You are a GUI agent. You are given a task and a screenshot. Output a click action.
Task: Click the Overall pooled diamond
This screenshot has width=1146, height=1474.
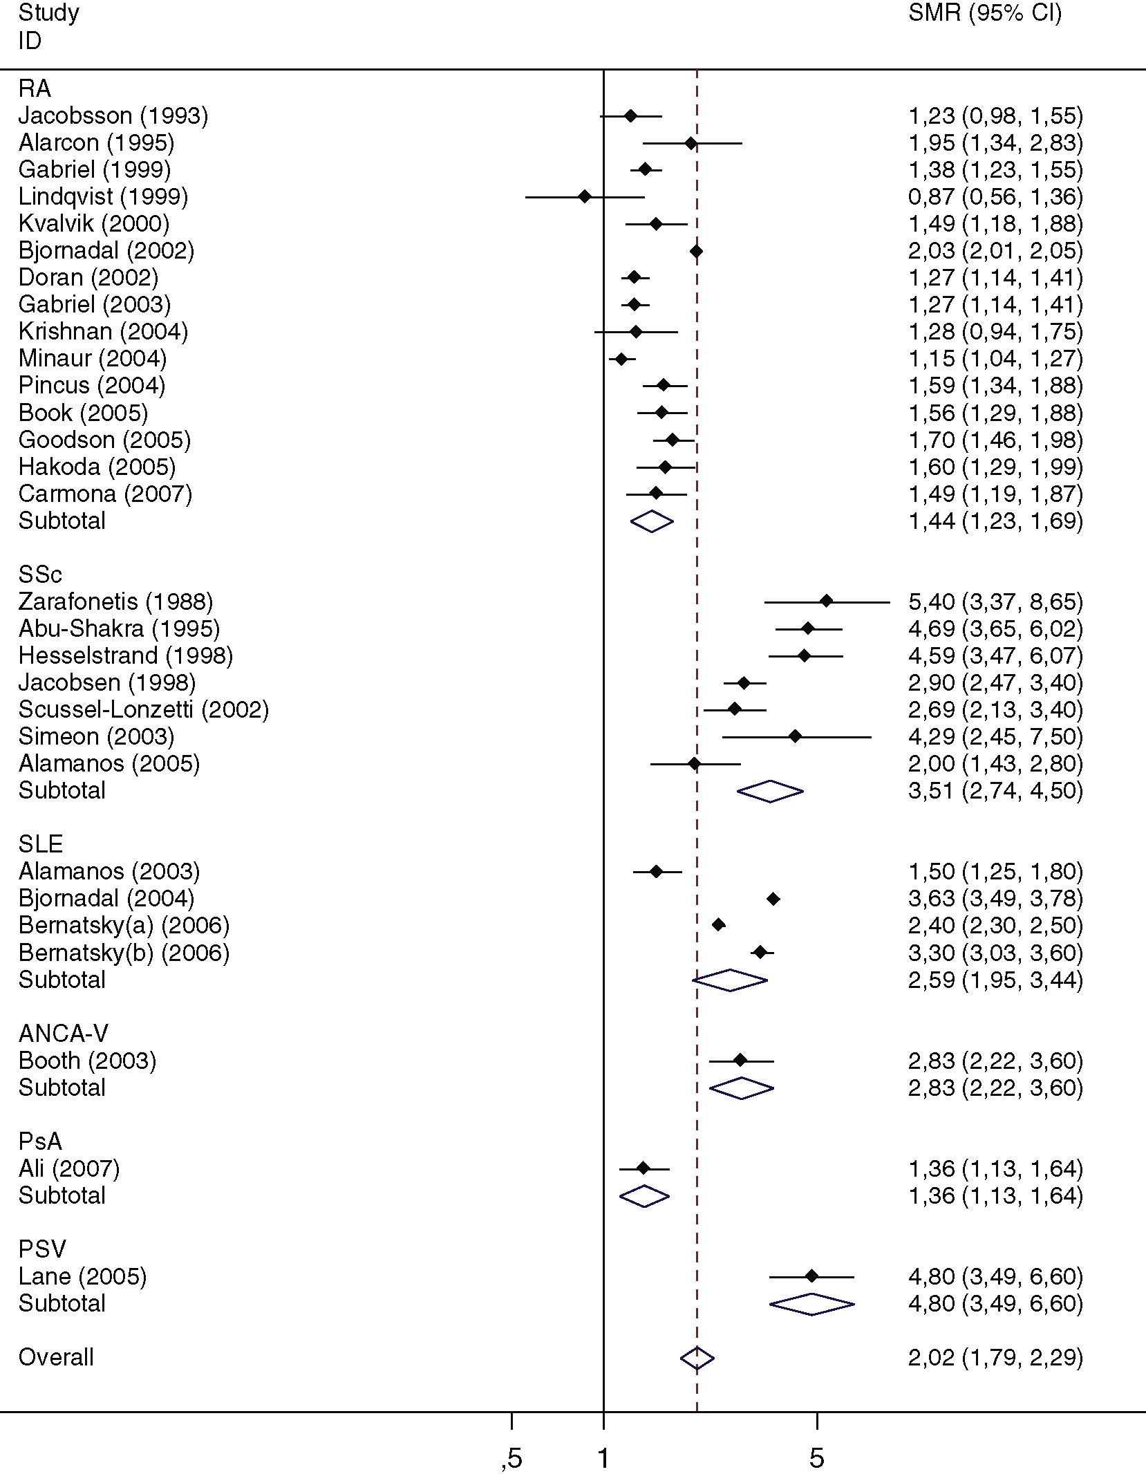click(697, 1358)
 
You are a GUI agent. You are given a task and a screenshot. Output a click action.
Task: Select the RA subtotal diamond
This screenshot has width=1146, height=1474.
click(652, 521)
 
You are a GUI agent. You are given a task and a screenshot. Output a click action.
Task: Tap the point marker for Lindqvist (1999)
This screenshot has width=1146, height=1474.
click(585, 197)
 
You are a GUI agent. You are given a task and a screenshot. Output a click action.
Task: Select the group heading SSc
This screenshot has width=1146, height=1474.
click(40, 575)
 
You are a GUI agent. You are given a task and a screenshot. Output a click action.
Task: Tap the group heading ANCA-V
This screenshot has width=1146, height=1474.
click(63, 1034)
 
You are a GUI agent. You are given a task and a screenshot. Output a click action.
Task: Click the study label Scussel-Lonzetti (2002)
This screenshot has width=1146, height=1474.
click(143, 709)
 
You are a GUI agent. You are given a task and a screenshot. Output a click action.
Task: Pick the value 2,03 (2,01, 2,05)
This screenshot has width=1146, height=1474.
click(995, 251)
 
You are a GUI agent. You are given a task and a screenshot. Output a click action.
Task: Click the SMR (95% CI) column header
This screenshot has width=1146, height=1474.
click(984, 13)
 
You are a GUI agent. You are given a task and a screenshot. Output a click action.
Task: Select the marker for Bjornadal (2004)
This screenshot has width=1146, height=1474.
click(773, 899)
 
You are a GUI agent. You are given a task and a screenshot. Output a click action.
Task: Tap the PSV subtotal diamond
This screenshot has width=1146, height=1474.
click(811, 1304)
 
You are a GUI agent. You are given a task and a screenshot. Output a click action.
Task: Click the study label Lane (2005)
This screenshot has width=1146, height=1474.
click(82, 1276)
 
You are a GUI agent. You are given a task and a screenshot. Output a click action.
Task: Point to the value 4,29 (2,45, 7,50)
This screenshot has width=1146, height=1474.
click(995, 736)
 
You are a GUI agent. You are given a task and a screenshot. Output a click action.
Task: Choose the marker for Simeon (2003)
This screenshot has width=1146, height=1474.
click(795, 737)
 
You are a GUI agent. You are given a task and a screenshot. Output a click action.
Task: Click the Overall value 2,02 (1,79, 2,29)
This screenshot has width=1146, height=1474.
click(995, 1358)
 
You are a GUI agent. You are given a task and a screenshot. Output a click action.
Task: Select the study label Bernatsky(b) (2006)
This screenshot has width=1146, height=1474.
click(124, 953)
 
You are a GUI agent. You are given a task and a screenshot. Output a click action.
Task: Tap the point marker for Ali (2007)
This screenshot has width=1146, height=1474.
click(644, 1168)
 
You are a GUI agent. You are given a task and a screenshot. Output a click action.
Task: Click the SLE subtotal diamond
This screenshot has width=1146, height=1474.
click(730, 980)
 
